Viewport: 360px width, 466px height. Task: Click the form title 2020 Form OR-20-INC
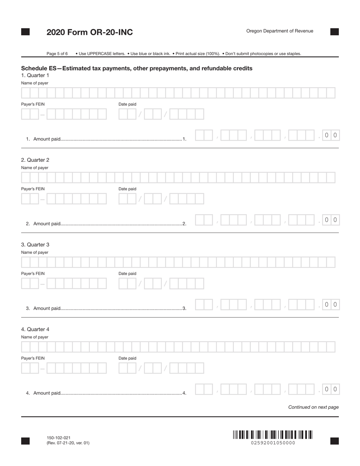89,32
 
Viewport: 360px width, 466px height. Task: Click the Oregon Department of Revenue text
280,31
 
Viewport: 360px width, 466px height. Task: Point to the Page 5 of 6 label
57,54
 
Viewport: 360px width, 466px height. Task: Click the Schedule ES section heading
136,68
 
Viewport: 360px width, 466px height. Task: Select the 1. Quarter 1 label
35,75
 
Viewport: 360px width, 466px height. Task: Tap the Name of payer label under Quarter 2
34,168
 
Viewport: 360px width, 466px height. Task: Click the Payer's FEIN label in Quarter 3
33,274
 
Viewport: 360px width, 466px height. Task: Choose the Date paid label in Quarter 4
127,358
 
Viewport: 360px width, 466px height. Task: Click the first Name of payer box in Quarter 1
26,93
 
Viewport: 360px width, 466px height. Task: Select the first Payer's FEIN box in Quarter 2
26,199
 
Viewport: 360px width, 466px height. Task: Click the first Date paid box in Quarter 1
123,114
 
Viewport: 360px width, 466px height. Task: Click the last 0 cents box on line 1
335,135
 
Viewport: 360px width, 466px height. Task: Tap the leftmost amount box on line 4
199,389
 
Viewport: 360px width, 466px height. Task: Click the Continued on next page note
313,407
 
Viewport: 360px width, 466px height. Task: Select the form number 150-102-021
58,438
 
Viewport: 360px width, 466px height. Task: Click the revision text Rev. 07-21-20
68,443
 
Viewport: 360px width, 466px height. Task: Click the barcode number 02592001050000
273,443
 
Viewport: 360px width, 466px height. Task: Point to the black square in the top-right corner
334,32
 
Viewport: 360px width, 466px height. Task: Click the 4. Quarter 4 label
35,329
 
